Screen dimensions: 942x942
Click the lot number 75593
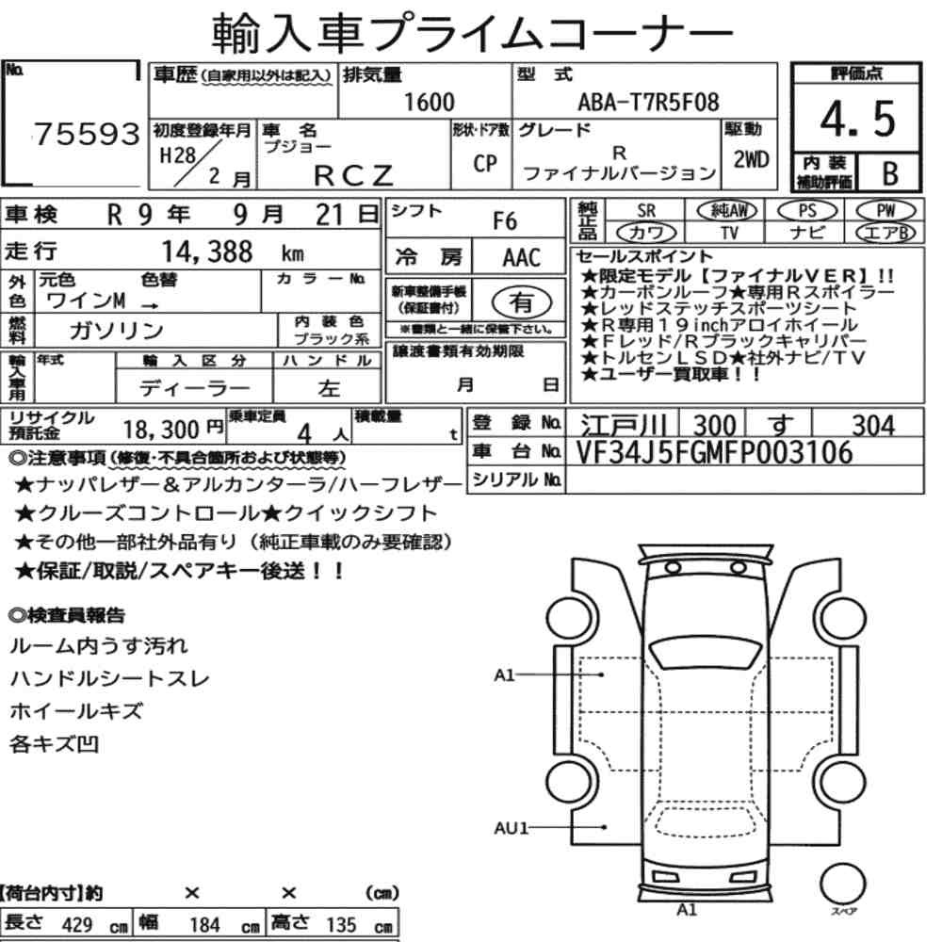[87, 134]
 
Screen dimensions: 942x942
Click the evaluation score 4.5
[857, 119]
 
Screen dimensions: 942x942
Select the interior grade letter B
[890, 173]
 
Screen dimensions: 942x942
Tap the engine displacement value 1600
[429, 102]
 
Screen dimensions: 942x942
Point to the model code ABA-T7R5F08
[648, 102]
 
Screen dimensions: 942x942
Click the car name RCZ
[353, 175]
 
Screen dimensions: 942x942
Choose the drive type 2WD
[751, 159]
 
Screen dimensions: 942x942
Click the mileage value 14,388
[207, 252]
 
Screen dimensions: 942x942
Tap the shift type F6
[504, 221]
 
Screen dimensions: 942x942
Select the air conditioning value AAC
[521, 258]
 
